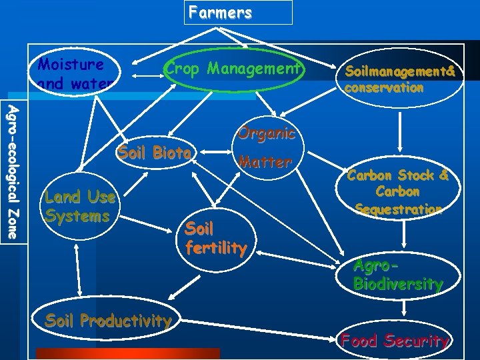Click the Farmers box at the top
click(238, 12)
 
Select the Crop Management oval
click(234, 69)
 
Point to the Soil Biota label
click(155, 153)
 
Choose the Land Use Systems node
click(79, 207)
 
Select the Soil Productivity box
click(108, 321)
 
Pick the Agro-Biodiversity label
click(397, 275)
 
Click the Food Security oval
click(395, 341)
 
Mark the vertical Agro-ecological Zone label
click(13, 171)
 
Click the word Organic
click(265, 133)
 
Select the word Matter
click(265, 162)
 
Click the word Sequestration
click(398, 209)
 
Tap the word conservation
click(384, 88)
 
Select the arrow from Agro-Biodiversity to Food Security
click(404, 307)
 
